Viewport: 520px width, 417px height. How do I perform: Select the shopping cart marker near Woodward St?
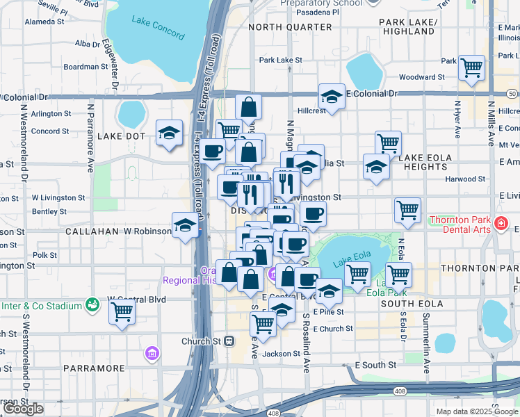point(472,68)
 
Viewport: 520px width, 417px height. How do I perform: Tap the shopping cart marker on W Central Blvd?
point(122,311)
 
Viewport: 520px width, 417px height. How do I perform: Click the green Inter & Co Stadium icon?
point(91,304)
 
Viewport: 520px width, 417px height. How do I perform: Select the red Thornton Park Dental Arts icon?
point(500,224)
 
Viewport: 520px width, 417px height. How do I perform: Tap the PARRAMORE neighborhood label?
point(93,368)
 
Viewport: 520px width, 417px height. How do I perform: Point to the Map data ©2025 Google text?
point(477,411)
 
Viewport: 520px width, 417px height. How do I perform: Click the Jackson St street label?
point(281,354)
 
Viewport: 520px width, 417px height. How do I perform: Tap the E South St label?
point(375,364)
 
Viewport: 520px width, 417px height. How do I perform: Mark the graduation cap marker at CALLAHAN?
point(184,225)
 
